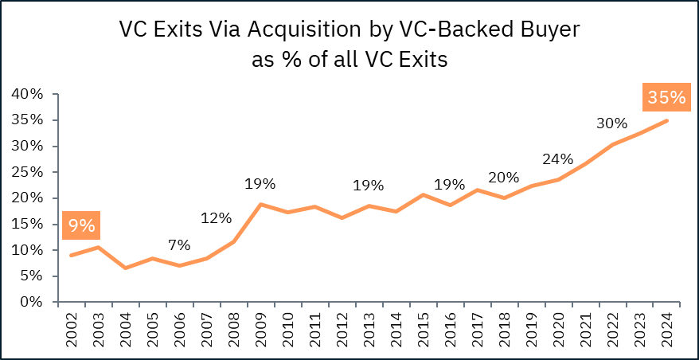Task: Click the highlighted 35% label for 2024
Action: click(666, 97)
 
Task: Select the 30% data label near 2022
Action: click(612, 124)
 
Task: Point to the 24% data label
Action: click(556, 158)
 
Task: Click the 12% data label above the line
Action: click(216, 217)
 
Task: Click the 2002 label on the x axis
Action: click(72, 327)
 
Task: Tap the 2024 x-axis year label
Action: click(667, 327)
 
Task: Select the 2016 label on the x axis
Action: click(451, 327)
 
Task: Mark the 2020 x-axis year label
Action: click(558, 327)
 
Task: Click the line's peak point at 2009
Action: click(260, 205)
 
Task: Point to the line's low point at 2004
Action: click(125, 268)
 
